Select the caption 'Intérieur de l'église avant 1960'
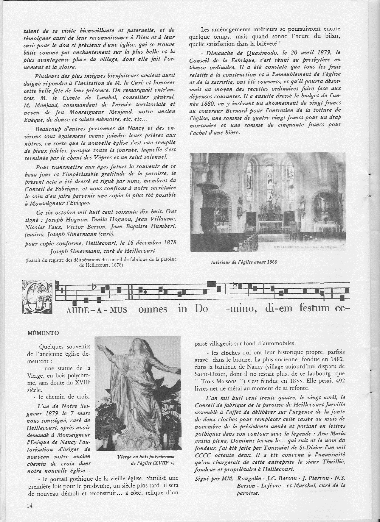tap(244, 262)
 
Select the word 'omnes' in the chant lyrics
tap(153, 309)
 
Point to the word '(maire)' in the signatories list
tap(34, 234)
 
